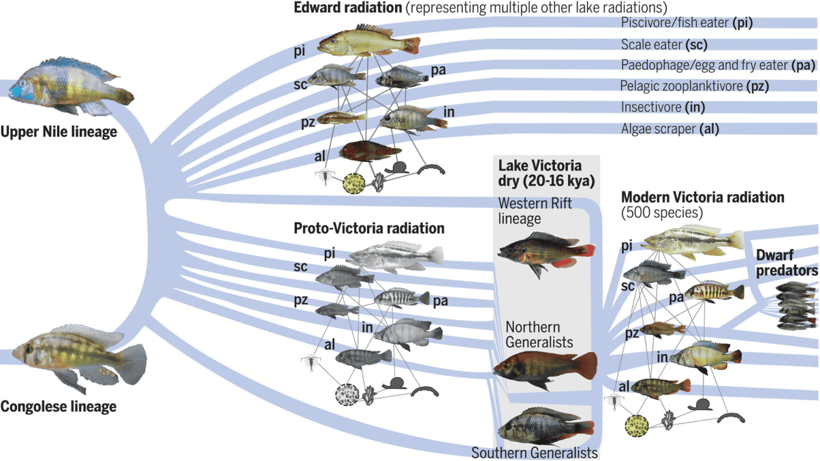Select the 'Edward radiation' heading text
pyautogui.click(x=348, y=8)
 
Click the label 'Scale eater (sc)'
pyautogui.click(x=664, y=45)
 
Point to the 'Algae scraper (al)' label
pyautogui.click(x=669, y=129)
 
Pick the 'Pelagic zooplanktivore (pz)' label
pyautogui.click(x=694, y=86)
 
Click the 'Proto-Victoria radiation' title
pyautogui.click(x=369, y=228)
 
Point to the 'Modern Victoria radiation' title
pyautogui.click(x=702, y=197)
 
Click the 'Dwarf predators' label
pyautogui.click(x=786, y=263)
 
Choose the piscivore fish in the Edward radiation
pyautogui.click(x=368, y=42)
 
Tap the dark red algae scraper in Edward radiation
pyautogui.click(x=369, y=152)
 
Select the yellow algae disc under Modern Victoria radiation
pyautogui.click(x=636, y=425)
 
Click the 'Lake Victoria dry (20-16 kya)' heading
pyautogui.click(x=546, y=173)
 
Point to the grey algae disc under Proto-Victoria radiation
pyautogui.click(x=346, y=395)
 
